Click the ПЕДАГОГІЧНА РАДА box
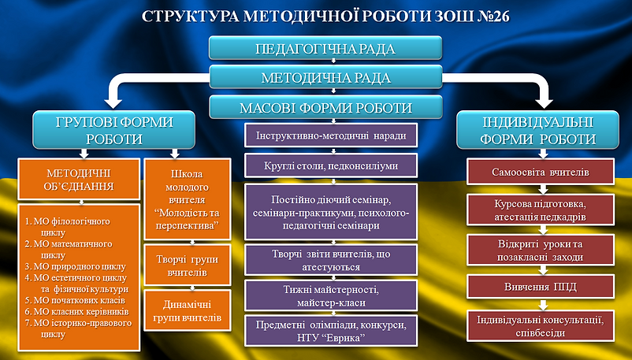tap(315, 49)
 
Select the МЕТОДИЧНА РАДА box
tap(315, 78)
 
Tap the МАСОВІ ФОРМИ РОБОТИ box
tap(315, 107)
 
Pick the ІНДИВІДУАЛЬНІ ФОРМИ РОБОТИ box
tap(540, 130)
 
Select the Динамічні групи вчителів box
tap(187, 310)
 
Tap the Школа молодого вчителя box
tap(187, 199)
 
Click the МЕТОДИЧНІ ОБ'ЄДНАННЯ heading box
tap(78, 180)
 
